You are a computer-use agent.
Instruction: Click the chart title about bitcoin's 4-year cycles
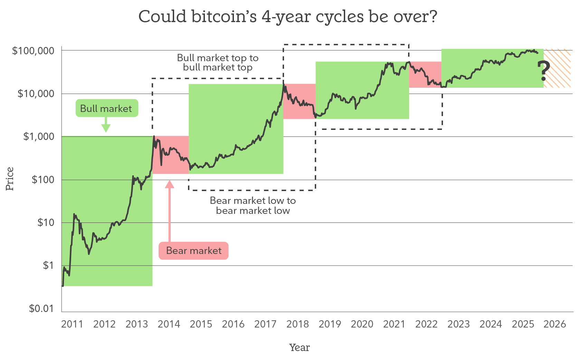pyautogui.click(x=287, y=17)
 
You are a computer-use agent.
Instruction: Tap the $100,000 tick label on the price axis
pyautogui.click(x=33, y=51)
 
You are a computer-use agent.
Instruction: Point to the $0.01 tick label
pyautogui.click(x=41, y=308)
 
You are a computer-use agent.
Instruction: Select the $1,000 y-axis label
pyautogui.click(x=38, y=136)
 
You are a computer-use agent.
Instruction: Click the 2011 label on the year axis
pyautogui.click(x=72, y=324)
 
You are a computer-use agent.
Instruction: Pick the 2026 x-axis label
pyautogui.click(x=555, y=324)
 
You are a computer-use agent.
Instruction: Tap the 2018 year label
pyautogui.click(x=298, y=324)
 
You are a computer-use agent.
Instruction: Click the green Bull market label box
pyautogui.click(x=106, y=108)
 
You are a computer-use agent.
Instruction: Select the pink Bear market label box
pyautogui.click(x=193, y=250)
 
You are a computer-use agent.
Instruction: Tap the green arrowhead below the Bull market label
pyautogui.click(x=106, y=128)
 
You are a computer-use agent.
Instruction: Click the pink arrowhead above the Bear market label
pyautogui.click(x=169, y=184)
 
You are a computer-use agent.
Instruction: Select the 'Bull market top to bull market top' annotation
pyautogui.click(x=218, y=63)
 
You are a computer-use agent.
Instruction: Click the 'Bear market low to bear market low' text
pyautogui.click(x=253, y=206)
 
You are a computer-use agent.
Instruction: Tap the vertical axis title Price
pyautogui.click(x=10, y=179)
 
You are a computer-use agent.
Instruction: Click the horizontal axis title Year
pyautogui.click(x=299, y=348)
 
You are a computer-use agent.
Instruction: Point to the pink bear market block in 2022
pyautogui.click(x=425, y=75)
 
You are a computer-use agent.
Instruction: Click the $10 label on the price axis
pyautogui.click(x=46, y=222)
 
